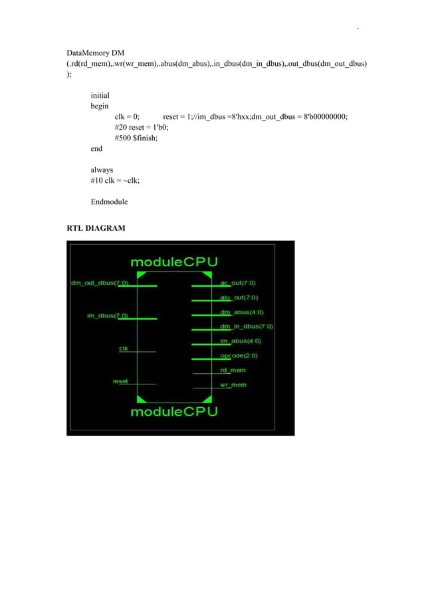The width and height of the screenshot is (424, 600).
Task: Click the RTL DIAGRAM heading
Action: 96,229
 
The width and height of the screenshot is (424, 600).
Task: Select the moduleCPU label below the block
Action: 174,412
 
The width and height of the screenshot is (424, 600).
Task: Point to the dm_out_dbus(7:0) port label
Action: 100,283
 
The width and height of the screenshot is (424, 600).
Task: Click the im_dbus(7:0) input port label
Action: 108,315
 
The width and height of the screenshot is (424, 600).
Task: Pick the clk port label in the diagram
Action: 123,348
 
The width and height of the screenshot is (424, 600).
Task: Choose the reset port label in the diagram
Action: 120,381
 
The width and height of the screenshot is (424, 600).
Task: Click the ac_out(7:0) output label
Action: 239,283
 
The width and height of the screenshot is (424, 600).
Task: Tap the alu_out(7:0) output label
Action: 239,297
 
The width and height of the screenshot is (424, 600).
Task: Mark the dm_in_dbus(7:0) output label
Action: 246,327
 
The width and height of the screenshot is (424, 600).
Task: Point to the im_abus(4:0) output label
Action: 241,341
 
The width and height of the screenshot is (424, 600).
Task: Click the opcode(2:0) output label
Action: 239,356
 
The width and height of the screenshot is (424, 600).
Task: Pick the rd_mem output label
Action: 233,370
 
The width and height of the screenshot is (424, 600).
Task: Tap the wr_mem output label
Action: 233,384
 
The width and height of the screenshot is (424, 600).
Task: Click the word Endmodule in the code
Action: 109,202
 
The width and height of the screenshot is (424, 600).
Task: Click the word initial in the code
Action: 100,95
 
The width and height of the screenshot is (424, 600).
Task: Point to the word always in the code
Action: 102,170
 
